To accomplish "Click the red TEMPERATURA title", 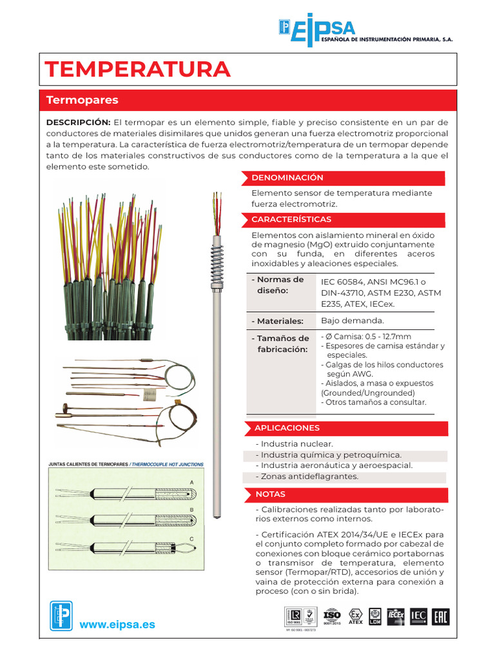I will [x=137, y=69].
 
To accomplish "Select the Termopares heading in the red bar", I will [x=82, y=101].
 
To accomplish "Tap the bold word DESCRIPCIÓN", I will [x=78, y=122].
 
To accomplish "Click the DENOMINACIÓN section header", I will [x=287, y=178].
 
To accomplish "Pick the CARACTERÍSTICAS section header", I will [x=291, y=220].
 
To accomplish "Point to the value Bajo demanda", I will [x=352, y=320].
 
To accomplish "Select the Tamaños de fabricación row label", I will [x=282, y=344].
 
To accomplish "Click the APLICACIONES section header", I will [x=287, y=428].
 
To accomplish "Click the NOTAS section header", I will [x=270, y=494].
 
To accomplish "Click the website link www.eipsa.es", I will [x=117, y=625].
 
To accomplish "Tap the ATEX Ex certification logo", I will [x=355, y=616].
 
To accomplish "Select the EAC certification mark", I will [x=440, y=616].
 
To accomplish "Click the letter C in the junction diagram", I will [x=191, y=538].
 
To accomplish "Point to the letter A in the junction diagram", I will [x=191, y=481].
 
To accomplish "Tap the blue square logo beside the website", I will [x=61, y=616].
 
